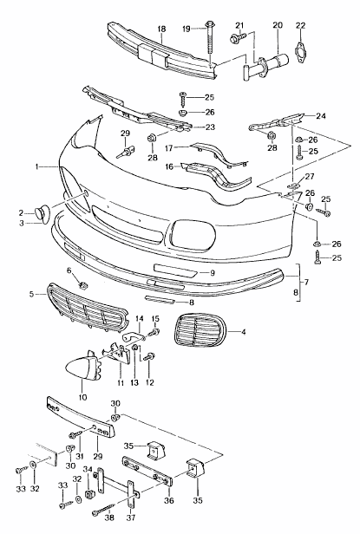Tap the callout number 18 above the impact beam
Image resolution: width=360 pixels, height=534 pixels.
(x=161, y=29)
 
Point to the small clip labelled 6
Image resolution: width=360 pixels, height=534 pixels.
(x=83, y=285)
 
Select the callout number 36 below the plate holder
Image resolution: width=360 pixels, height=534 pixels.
(x=168, y=499)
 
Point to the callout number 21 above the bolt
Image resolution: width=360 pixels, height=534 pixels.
(x=240, y=23)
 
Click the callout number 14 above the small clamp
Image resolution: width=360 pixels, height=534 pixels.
(x=139, y=321)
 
